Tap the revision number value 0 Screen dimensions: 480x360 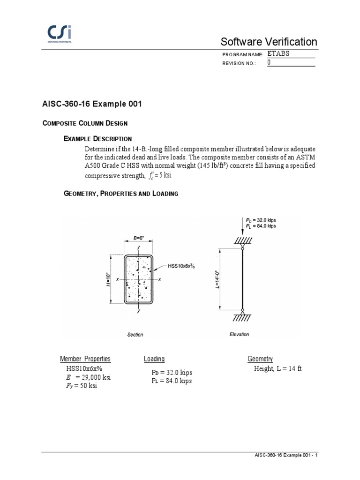269,62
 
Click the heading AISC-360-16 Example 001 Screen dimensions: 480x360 92,104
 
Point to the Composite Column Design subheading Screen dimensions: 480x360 85,123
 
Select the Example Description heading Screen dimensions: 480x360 97,139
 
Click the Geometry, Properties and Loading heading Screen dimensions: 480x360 120,194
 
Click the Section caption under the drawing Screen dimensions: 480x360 135,335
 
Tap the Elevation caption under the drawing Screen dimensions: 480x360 239,334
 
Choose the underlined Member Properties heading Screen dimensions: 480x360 85,359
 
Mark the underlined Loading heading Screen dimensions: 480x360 154,359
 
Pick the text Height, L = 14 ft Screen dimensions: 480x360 278,369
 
